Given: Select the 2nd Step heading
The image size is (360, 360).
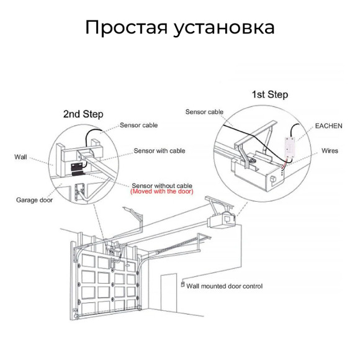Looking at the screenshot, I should (83, 114).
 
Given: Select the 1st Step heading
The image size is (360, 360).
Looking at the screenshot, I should (269, 94).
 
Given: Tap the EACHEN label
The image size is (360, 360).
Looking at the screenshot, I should (329, 125).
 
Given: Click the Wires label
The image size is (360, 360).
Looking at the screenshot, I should (330, 151).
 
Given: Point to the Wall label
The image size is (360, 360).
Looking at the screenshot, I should (21, 157).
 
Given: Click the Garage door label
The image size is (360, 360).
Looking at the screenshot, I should (35, 200).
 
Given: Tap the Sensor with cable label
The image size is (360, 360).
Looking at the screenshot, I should (159, 151).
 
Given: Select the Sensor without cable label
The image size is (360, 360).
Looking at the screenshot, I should (161, 186).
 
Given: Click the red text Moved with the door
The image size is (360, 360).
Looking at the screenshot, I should (161, 192).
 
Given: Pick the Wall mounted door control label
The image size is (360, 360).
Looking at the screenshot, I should (224, 286).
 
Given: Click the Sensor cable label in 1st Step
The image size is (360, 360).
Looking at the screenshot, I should (204, 112).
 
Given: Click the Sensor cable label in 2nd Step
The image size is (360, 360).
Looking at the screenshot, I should (138, 125).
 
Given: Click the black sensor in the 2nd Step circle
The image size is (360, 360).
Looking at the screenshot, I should (78, 168).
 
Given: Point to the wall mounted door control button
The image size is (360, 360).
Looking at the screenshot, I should (182, 285).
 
